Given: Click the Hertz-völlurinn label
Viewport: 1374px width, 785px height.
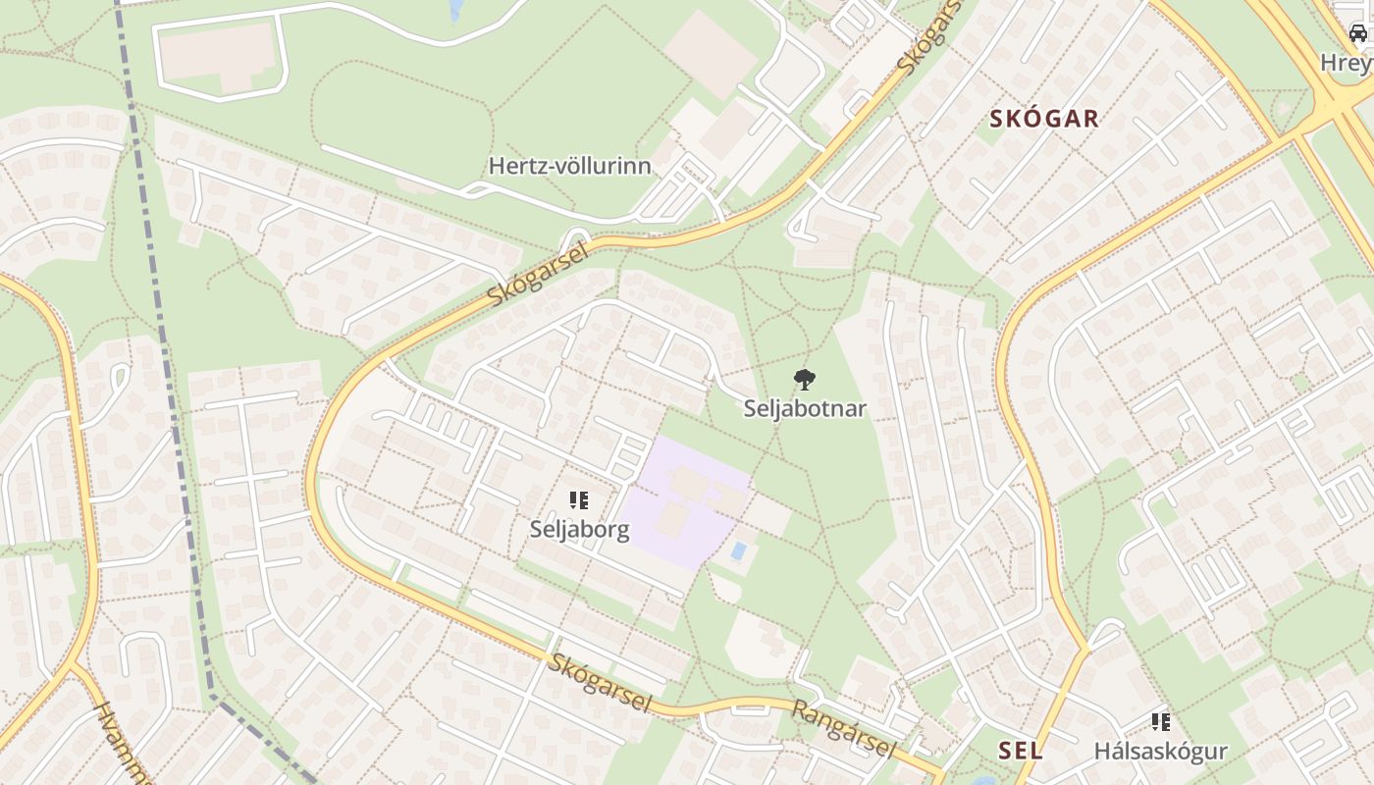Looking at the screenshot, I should [x=570, y=166].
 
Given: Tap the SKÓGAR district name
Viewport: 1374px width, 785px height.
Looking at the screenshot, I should [x=1044, y=120].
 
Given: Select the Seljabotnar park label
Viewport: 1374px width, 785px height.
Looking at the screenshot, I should [x=805, y=408].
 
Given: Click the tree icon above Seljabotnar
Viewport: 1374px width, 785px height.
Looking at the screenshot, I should [x=805, y=379].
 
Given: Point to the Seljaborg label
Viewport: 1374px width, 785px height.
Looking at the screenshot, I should [x=579, y=529].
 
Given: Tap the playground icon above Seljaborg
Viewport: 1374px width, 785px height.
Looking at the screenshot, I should [x=579, y=500].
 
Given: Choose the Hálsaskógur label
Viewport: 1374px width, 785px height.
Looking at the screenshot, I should [x=1161, y=752].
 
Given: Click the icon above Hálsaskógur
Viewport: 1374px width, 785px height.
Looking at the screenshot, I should [x=1161, y=722].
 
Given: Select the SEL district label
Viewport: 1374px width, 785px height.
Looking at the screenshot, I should [x=1021, y=751].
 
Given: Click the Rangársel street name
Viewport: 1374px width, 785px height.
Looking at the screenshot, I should [x=844, y=728].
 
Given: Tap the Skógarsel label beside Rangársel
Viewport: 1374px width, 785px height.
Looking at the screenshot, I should [x=601, y=682].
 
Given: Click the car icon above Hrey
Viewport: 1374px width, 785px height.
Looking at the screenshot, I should [x=1358, y=34].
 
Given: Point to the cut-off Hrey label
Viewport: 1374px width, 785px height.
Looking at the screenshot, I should [x=1347, y=63].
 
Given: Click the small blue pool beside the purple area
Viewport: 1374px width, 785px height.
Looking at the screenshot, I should [x=738, y=550].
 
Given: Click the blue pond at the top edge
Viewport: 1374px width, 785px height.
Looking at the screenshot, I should [x=455, y=10].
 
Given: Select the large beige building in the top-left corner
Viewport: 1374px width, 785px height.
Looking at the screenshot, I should [x=218, y=56].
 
